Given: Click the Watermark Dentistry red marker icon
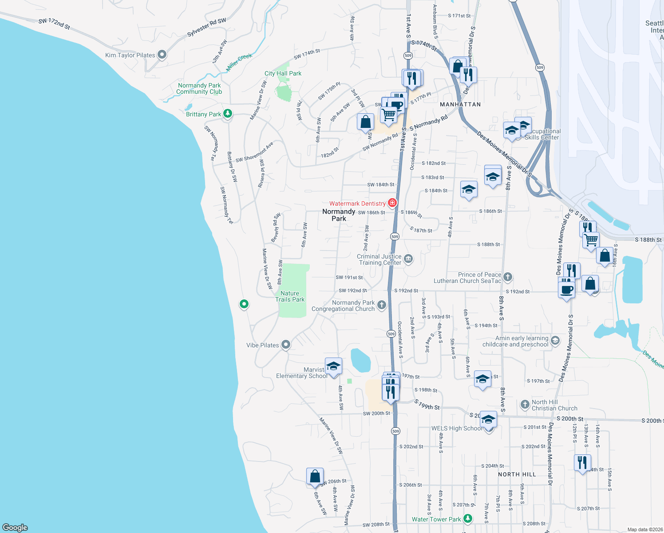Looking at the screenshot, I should click(392, 203).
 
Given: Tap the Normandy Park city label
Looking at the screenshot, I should click(339, 215).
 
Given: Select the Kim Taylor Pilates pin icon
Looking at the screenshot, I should click(162, 55).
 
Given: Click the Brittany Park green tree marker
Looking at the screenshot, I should click(228, 114).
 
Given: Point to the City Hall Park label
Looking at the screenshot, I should click(283, 73).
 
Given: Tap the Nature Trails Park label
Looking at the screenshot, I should click(290, 296).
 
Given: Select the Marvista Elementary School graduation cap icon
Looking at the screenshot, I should click(333, 366).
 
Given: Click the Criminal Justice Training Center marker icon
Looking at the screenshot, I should click(409, 259).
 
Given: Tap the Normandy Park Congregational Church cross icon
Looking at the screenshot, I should click(382, 305).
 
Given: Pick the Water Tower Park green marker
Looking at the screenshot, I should click(467, 518).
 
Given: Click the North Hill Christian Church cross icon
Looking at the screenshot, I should click(525, 405).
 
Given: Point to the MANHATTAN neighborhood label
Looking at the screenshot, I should click(460, 104).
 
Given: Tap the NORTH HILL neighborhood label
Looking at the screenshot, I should click(517, 474).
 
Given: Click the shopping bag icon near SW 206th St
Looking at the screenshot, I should click(315, 476).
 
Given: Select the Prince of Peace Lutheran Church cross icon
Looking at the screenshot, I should click(508, 277).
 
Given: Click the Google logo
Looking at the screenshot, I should click(15, 528).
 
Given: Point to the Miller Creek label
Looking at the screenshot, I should click(239, 62).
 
